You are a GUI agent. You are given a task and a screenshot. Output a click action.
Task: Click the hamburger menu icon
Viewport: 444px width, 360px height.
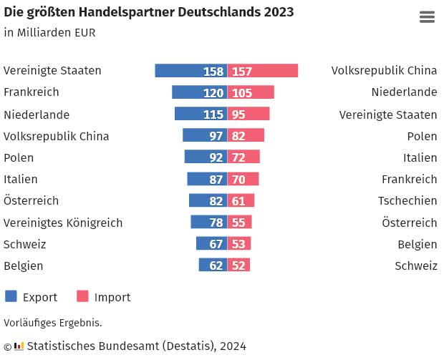[427, 17]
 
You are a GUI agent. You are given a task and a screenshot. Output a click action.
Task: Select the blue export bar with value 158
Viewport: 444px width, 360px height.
[190, 71]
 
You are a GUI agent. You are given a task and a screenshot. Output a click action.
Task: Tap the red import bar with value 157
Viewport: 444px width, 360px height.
[263, 71]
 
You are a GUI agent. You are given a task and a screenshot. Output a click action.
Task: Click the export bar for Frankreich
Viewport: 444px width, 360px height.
[199, 92]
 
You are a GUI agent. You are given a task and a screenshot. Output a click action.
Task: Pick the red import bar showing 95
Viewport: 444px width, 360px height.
[248, 114]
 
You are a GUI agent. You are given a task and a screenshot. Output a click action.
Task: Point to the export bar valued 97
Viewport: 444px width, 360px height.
[205, 136]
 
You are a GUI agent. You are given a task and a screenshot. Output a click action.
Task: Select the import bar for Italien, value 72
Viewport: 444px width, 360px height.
[243, 157]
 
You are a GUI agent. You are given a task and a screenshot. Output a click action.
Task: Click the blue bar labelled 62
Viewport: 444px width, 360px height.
[213, 266]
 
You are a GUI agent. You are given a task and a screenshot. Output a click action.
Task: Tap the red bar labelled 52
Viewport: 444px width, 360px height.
[238, 266]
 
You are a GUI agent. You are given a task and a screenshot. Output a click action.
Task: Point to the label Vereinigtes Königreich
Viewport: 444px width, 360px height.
[63, 223]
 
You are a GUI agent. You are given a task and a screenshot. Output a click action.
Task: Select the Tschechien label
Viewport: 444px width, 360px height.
[407, 201]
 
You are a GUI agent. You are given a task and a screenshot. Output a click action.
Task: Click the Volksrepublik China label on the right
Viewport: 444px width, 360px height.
[384, 71]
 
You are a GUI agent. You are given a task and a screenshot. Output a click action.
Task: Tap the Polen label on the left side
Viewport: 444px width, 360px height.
[19, 157]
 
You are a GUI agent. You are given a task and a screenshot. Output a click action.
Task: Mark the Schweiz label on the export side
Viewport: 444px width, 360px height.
[24, 244]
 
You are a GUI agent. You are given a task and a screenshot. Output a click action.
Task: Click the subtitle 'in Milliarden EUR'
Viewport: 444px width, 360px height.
[49, 32]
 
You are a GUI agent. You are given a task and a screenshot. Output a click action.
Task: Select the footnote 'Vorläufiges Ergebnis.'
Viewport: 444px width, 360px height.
[53, 323]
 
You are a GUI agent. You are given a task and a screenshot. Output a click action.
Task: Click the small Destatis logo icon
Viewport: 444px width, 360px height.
[19, 346]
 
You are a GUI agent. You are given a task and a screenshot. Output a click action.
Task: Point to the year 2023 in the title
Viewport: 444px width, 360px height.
[279, 12]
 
